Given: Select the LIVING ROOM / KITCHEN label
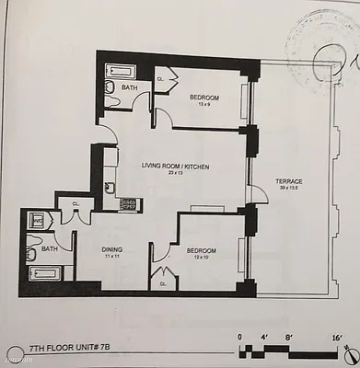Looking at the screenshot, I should click(x=175, y=165).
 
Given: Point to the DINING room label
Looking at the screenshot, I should click(x=113, y=248).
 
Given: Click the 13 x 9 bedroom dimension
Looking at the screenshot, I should click(x=204, y=104).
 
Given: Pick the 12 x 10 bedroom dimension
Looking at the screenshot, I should click(x=202, y=257).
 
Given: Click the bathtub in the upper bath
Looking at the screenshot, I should click(x=120, y=70).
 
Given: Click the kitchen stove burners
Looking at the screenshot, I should click(x=127, y=203).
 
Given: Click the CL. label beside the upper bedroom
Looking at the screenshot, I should click(x=160, y=79).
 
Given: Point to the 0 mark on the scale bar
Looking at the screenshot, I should click(x=239, y=338).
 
